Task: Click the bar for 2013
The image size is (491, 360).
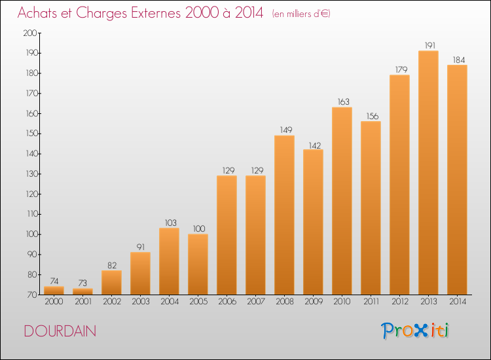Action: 428,173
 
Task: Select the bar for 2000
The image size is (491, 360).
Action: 54,291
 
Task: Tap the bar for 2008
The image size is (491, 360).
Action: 284,215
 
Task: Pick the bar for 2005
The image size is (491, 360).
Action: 198,264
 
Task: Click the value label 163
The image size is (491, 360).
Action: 342,102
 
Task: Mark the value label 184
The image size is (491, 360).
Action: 457,60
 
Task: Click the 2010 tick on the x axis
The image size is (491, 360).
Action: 342,301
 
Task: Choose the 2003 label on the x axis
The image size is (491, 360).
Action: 140,301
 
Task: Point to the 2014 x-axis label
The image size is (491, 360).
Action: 457,301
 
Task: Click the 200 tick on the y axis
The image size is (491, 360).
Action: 29,33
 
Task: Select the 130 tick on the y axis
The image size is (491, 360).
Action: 29,174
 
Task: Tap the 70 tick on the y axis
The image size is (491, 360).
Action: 31,295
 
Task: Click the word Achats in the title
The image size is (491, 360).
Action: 38,13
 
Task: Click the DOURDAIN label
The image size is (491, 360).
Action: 60,331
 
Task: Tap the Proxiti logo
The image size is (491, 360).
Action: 414,331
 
